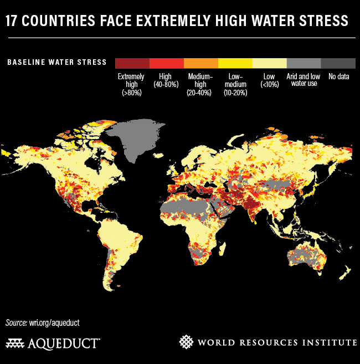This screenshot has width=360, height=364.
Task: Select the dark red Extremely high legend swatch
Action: point(132,62)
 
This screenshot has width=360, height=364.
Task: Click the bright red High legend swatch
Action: point(166,62)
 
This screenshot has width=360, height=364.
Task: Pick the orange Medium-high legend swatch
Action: point(200,62)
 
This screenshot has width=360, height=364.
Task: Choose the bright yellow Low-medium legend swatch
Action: point(235,62)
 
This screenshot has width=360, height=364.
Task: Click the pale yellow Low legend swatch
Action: point(269,62)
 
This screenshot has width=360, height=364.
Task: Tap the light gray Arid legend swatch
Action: point(304,62)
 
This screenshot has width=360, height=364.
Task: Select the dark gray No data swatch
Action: point(338,62)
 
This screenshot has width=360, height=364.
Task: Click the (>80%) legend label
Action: point(132,93)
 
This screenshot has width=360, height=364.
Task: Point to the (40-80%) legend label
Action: point(166,85)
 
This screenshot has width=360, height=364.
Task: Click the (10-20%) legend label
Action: point(235,93)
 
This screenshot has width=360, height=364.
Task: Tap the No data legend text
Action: point(338,76)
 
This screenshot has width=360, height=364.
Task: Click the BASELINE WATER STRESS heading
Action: point(56,62)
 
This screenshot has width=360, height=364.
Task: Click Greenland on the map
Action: point(133,139)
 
